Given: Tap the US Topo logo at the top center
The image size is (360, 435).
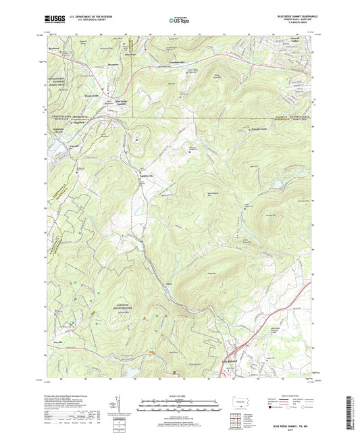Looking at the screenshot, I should click(180, 22).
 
